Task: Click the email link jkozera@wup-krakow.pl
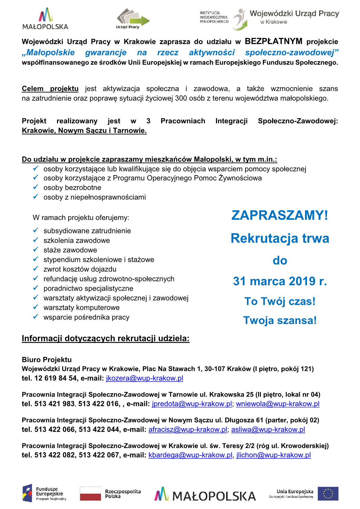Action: pyautogui.click(x=144, y=378)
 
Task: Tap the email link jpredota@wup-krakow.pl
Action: pyautogui.click(x=192, y=404)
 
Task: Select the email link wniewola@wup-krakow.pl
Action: pyautogui.click(x=277, y=404)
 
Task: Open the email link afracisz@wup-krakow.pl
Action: pyautogui.click(x=188, y=430)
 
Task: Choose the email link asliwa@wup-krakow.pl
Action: pyautogui.click(x=268, y=430)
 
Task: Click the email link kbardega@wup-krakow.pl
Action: pyautogui.click(x=190, y=455)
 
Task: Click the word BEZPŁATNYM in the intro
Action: pyautogui.click(x=274, y=41)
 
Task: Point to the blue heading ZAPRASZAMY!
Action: pyautogui.click(x=280, y=216)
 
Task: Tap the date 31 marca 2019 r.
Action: pyautogui.click(x=280, y=281)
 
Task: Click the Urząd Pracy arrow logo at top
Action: pyautogui.click(x=133, y=18)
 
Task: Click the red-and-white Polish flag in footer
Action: pyautogui.click(x=90, y=494)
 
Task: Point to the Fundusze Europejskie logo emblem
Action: pyautogui.click(x=27, y=493)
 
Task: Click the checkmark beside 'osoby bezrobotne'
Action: pyautogui.click(x=36, y=187)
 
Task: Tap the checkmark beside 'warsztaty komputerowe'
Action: pyautogui.click(x=36, y=307)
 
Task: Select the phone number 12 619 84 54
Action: pyautogui.click(x=56, y=378)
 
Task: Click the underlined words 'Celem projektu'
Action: pyautogui.click(x=50, y=89)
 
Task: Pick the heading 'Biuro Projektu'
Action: pyautogui.click(x=47, y=360)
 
